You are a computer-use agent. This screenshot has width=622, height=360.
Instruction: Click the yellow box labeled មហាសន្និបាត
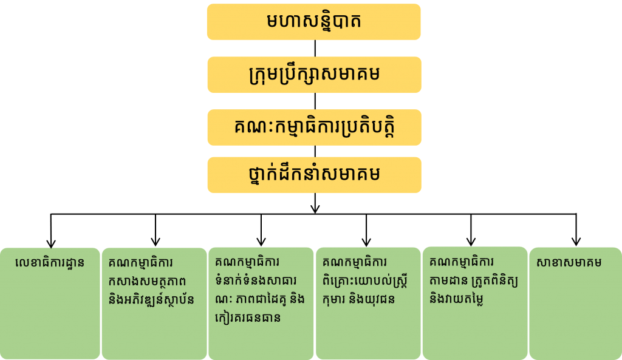(x=314, y=22)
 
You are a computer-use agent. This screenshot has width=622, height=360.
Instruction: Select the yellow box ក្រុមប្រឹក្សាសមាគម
(x=314, y=75)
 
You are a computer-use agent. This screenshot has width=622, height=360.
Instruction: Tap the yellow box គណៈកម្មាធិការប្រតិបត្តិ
(x=314, y=127)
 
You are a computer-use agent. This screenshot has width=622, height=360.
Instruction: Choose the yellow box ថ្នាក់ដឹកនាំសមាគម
(x=314, y=175)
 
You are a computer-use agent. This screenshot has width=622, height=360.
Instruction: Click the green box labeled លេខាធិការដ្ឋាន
(x=50, y=304)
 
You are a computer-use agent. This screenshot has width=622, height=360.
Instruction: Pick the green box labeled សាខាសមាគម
(x=576, y=304)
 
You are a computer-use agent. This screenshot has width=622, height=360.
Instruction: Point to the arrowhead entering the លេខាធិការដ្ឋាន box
(x=51, y=243)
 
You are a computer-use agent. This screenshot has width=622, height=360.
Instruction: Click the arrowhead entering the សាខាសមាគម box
(x=576, y=241)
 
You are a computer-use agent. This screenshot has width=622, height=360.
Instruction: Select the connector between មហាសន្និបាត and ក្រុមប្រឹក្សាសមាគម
(x=315, y=48)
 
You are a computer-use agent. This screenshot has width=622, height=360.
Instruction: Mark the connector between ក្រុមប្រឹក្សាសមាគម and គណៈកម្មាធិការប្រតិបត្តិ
(x=315, y=101)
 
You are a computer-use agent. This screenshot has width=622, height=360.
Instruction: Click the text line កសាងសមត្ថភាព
(x=148, y=282)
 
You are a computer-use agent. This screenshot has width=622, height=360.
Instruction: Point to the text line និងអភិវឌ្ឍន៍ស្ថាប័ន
(x=151, y=300)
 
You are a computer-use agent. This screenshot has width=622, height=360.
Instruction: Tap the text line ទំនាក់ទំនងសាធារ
(x=256, y=281)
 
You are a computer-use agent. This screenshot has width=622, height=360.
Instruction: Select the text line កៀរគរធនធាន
(x=248, y=317)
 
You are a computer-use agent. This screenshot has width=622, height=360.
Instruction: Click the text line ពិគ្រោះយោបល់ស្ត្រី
(x=365, y=281)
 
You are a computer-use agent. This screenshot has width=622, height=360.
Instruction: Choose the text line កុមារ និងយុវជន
(x=358, y=299)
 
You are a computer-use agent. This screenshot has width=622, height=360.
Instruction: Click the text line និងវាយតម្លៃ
(x=456, y=299)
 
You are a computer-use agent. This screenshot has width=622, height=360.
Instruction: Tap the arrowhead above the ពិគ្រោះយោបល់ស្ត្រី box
(x=366, y=242)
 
